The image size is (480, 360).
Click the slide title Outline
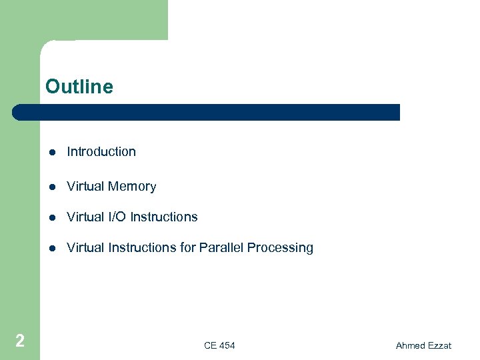tap(79, 87)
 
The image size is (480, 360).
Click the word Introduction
tap(101, 152)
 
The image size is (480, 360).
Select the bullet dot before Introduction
tap(52, 153)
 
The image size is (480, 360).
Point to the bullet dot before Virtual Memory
tap(52, 187)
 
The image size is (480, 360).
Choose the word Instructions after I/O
tap(164, 217)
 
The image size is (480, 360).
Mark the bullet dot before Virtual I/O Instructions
tap(52, 218)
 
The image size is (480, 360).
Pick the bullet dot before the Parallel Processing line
tap(52, 249)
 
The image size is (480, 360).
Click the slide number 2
tap(20, 341)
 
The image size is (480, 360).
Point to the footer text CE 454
tap(219, 345)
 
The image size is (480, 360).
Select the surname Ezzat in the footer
tap(440, 345)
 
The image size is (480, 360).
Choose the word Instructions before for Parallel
tap(143, 248)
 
